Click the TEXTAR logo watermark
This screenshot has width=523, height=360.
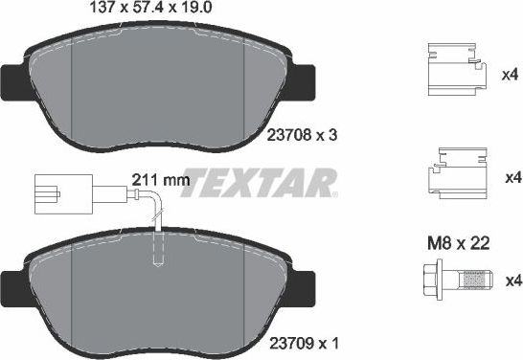click(x=259, y=179)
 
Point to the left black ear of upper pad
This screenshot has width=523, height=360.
click(x=13, y=80)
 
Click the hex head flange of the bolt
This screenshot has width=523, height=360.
click(x=432, y=281)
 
